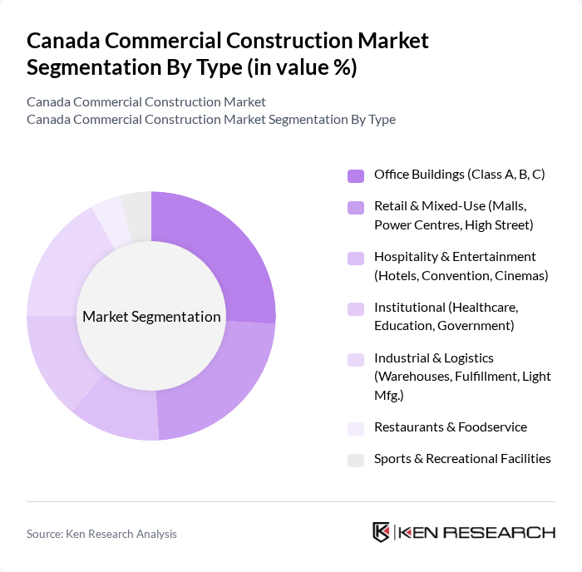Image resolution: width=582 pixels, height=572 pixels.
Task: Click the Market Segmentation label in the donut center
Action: pos(151,317)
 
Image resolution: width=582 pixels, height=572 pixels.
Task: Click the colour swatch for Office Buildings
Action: pos(355,175)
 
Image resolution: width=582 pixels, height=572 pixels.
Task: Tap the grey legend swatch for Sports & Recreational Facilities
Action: pos(355,460)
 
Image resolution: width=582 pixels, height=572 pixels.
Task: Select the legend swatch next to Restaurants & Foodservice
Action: pos(355,428)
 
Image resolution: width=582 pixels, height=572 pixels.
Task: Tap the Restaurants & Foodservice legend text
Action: pos(450,427)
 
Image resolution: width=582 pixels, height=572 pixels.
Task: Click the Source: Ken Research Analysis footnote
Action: pos(101,534)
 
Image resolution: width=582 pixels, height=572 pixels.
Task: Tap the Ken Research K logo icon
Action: pos(381,532)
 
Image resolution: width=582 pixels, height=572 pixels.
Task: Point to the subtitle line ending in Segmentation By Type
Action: pos(210,119)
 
